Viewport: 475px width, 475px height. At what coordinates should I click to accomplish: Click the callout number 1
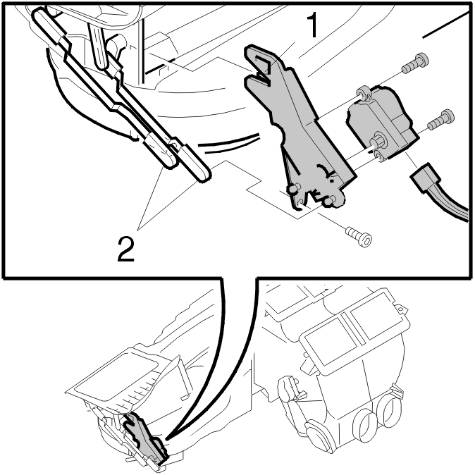(312, 25)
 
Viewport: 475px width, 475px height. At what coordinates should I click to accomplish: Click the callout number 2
(125, 249)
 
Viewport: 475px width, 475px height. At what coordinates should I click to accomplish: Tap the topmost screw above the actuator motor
(414, 63)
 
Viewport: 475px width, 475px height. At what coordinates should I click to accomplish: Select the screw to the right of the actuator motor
(440, 120)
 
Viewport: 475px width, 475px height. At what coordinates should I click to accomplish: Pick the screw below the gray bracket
(359, 236)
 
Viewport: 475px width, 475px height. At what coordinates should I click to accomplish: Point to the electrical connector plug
(424, 178)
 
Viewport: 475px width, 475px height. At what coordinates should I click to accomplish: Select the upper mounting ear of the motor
(363, 93)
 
